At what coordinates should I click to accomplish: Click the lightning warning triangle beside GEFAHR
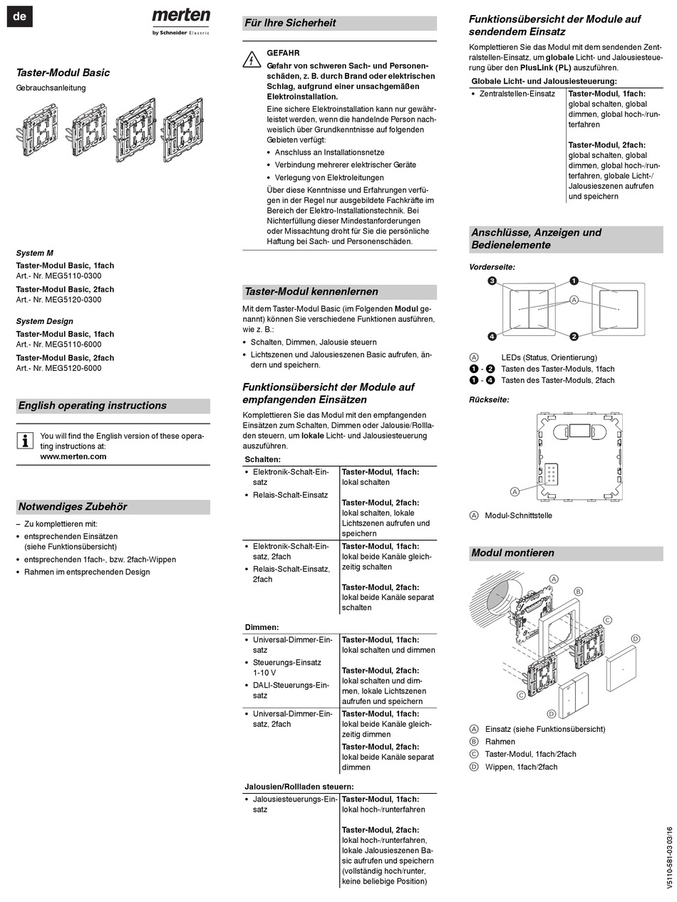coord(252,60)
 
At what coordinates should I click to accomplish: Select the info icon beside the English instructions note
coord(25,441)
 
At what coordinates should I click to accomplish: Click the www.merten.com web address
coord(73,456)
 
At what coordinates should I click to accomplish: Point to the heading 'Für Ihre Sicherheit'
coord(290,23)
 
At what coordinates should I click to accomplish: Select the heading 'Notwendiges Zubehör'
coord(73,507)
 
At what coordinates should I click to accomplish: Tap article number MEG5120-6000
coord(73,368)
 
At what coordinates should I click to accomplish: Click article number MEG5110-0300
coord(73,276)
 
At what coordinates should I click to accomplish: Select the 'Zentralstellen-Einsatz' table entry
coord(517,93)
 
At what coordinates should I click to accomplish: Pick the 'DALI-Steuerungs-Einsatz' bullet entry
coord(291,690)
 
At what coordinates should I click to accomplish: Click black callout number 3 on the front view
coord(492,280)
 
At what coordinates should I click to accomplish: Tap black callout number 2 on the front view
coord(574,336)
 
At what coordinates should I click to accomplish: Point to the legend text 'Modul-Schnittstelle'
coord(518,515)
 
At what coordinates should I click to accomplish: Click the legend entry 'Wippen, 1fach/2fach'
coord(521,767)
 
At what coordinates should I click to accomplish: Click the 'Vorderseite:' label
coord(492,267)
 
